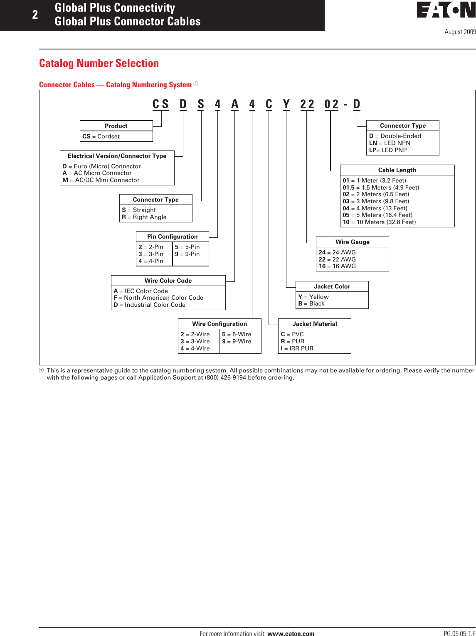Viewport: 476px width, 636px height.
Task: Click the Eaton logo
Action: coord(446,10)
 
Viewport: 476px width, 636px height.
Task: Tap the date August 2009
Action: coord(460,32)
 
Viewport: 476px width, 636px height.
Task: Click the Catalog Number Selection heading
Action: coord(99,63)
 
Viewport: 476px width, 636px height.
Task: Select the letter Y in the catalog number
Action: coord(286,104)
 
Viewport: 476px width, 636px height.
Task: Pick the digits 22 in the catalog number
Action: coord(307,104)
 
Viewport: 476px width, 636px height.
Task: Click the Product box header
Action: coord(116,126)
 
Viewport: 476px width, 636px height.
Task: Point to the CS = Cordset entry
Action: coord(101,136)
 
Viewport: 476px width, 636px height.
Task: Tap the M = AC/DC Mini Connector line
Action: coord(101,180)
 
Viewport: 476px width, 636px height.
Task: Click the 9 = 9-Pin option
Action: coord(187,254)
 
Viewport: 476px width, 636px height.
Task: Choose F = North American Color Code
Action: coord(158,298)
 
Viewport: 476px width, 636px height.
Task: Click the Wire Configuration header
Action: coord(220,324)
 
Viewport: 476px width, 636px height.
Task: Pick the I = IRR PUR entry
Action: coord(297,348)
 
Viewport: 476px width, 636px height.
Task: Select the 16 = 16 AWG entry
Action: coord(337,266)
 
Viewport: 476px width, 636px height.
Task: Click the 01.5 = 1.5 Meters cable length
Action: coord(381,187)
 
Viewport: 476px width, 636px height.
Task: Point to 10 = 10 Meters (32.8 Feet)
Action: coord(379,222)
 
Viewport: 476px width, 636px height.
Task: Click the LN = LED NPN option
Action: coord(390,143)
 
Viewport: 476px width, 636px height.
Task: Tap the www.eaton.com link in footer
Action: coord(291,634)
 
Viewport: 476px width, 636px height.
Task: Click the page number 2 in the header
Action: coord(35,15)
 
